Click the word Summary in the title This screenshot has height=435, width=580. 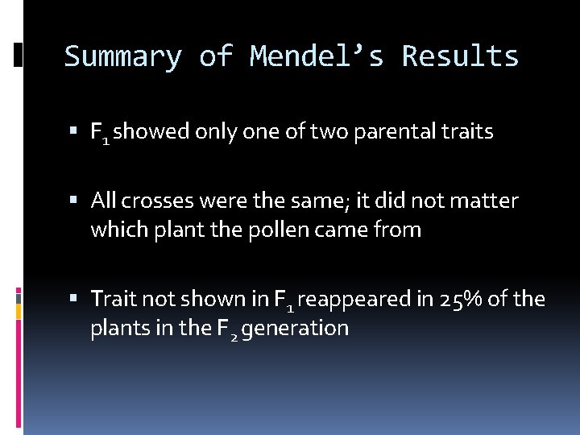pos(122,57)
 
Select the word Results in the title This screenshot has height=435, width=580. pos(460,57)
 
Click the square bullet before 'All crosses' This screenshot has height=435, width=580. pos(74,200)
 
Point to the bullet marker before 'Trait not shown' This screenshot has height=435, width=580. pos(74,300)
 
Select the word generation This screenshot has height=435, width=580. pos(295,329)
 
